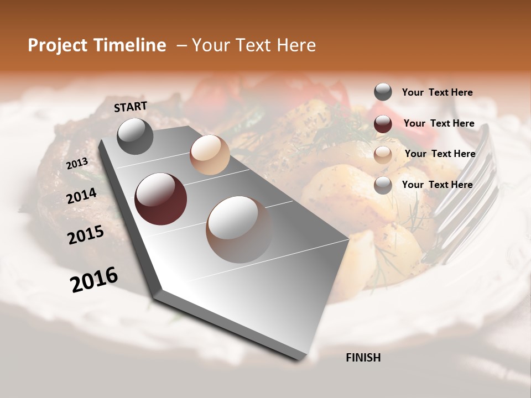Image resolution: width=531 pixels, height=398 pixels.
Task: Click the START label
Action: point(131,107)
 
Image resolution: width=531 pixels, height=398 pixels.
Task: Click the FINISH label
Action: point(363,358)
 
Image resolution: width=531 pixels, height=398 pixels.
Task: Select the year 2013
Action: point(77,164)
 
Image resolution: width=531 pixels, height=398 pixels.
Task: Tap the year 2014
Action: point(81,196)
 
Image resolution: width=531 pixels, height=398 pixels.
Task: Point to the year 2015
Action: point(86,235)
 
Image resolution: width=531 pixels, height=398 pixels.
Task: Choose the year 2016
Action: point(94,279)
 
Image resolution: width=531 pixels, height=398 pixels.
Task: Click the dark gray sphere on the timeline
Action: point(135,136)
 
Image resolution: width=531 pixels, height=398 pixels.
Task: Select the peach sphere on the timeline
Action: point(210,155)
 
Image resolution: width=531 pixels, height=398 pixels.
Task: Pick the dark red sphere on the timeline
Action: point(160,199)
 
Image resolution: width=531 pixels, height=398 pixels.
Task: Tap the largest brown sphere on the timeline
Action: point(239,229)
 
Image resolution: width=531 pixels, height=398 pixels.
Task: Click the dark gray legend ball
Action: point(383,92)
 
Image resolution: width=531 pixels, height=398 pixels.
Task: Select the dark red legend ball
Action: point(383,124)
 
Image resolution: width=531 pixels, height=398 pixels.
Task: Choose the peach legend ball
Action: point(383,154)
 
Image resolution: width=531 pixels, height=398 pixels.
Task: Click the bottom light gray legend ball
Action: point(383,185)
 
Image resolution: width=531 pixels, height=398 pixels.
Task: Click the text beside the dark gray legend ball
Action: point(437,92)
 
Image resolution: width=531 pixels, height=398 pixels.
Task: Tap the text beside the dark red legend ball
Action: point(439,123)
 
